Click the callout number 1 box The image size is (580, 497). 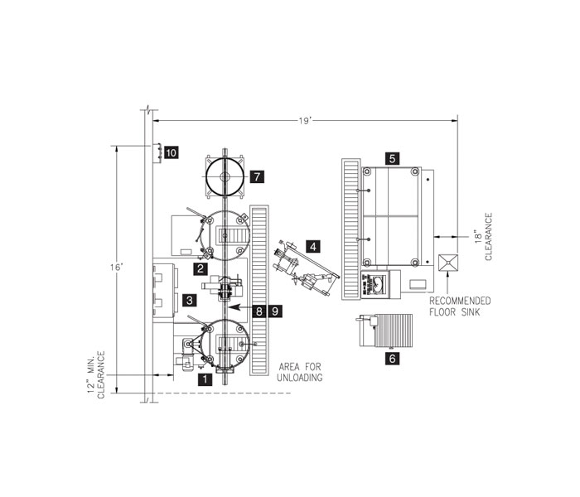(205, 379)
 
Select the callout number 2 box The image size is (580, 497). (200, 268)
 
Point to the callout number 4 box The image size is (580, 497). (312, 246)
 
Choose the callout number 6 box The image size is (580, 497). (392, 359)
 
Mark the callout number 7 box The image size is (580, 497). (257, 176)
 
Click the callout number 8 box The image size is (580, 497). (260, 311)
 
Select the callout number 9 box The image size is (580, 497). (276, 311)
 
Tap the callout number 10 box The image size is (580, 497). (171, 152)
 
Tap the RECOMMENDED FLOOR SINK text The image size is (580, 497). (460, 306)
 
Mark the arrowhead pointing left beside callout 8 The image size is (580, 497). (234, 306)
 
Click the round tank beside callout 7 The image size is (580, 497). (225, 176)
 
